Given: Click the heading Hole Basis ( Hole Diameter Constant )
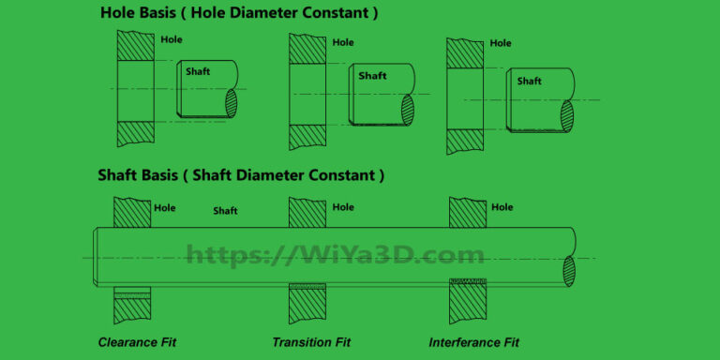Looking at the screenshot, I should (x=239, y=13).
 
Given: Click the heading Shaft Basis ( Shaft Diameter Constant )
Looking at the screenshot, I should (x=241, y=175).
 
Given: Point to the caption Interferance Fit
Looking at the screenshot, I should (x=473, y=342).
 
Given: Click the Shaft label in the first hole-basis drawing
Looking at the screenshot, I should (x=197, y=71).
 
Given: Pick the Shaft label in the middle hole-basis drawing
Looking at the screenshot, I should (x=371, y=76).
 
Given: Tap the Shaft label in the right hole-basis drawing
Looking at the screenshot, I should (x=529, y=81).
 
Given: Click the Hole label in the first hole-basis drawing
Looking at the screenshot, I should (x=172, y=39).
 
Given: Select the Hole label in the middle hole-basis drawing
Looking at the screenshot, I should (x=343, y=42).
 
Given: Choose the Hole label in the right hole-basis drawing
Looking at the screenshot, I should (x=501, y=43).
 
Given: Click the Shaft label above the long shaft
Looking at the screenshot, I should (x=225, y=211).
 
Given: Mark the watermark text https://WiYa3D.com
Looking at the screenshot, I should (x=335, y=254).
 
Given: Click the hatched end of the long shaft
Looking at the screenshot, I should (x=568, y=270).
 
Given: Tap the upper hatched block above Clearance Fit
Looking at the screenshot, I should (x=132, y=213).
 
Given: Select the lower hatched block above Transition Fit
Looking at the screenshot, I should (x=307, y=305).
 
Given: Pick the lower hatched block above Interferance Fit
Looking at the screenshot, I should (x=468, y=304).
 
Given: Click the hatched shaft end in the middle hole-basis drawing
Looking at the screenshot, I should (x=407, y=110).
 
